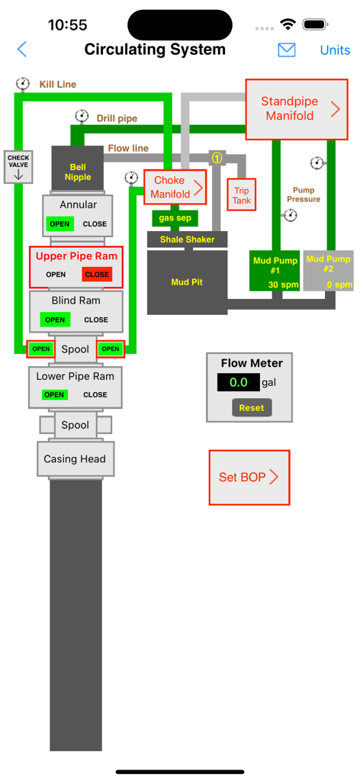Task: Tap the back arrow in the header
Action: pos(22,50)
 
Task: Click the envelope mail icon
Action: pos(286,50)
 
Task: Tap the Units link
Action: pos(335,50)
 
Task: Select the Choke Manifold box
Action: pos(175,188)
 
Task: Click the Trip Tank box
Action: pos(241,195)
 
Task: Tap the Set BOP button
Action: pos(249,477)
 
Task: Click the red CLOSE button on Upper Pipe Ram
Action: pos(97,275)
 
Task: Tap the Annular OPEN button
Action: pos(59,224)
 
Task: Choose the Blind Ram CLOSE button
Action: pos(96,320)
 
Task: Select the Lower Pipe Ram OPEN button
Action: pos(54,394)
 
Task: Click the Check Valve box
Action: pos(18,167)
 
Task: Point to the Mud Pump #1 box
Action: pos(275,270)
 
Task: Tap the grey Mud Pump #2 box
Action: pos(328,270)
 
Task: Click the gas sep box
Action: pos(175,218)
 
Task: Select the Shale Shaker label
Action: pos(187,239)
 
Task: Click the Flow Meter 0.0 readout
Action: pos(238,382)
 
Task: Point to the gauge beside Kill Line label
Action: pos(23,83)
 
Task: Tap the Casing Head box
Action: pos(75,459)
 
